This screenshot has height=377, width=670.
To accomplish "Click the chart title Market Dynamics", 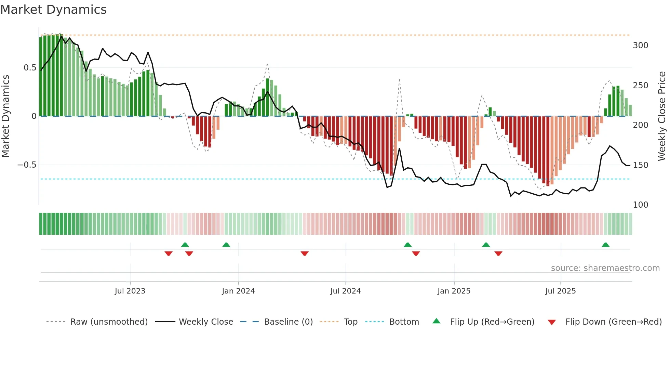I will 53,10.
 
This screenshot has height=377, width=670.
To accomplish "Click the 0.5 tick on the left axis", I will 30,68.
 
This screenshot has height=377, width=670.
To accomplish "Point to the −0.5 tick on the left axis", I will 27,165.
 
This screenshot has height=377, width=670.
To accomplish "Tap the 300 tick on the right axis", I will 640,45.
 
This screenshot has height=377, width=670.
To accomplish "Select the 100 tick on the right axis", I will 640,205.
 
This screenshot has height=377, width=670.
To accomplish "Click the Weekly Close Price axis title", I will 662,116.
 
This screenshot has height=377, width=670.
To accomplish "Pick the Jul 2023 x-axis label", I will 130,291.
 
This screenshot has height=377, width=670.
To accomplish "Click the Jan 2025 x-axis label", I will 454,291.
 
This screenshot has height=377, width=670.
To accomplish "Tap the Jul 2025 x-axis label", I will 560,291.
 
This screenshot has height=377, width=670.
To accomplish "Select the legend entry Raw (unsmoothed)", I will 109,322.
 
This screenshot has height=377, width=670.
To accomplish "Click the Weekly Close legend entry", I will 206,322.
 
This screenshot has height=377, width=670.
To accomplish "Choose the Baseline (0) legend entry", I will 288,322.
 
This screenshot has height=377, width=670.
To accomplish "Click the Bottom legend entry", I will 404,322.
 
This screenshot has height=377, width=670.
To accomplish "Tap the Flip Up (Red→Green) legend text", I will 492,322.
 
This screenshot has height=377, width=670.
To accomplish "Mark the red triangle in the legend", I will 551,322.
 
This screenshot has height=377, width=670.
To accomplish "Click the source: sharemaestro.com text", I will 605,268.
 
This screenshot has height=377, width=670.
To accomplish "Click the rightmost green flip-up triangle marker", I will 605,245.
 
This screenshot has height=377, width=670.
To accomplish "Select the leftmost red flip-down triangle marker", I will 168,253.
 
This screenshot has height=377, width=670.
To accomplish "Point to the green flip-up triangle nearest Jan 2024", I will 226,245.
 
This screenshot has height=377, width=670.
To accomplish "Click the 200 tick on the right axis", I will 640,125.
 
